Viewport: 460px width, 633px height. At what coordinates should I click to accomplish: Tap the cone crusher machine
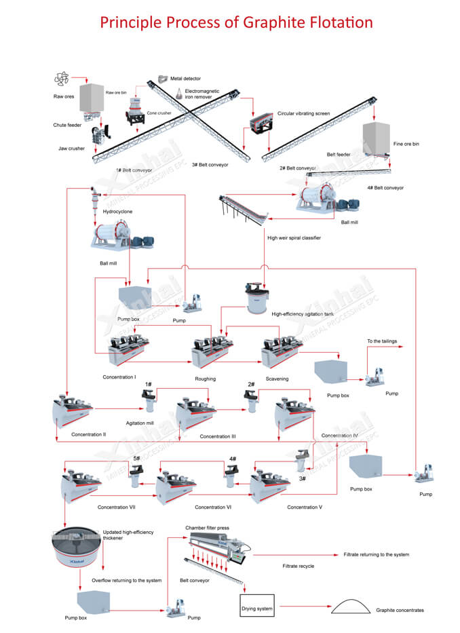pos(136,109)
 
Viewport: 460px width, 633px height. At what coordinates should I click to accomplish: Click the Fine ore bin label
pos(406,144)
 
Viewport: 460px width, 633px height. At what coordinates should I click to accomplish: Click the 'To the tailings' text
pos(382,341)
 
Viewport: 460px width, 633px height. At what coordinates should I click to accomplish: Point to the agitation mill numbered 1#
pos(148,403)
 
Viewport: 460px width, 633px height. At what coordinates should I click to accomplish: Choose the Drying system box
pos(257,609)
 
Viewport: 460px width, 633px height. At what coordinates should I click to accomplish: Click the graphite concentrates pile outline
pos(349,606)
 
